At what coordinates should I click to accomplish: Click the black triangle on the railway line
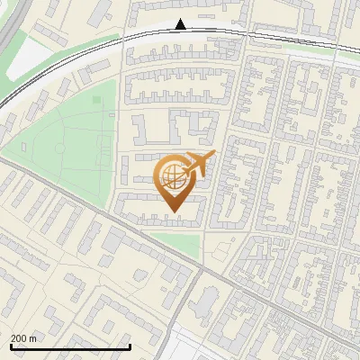coord(181,24)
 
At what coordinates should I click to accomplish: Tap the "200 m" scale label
coord(23,338)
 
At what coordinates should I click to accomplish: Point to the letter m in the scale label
coord(32,338)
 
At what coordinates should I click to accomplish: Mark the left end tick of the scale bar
coord(11,345)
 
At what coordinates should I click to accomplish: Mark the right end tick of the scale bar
coord(130,345)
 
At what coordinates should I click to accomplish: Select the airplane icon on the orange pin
coord(199,165)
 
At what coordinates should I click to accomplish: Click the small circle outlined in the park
coord(59,147)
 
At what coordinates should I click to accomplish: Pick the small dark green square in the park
coord(97,99)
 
